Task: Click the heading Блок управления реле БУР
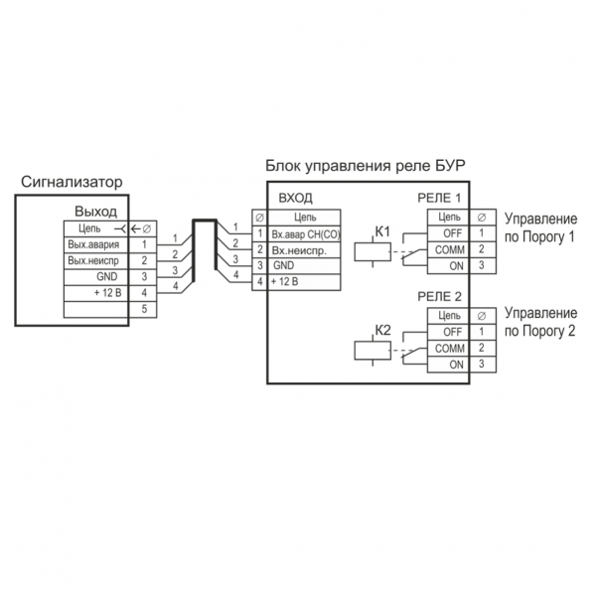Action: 367,164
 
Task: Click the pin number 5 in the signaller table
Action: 144,309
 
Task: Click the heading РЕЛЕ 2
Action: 440,296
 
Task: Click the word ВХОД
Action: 298,198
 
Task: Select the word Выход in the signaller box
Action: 95,212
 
